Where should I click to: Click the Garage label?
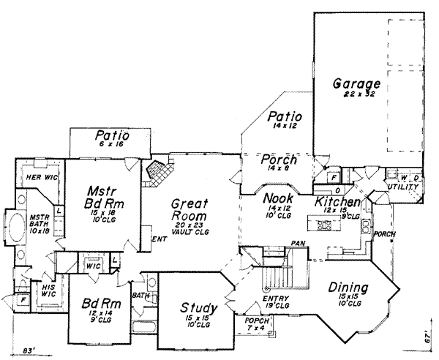[x=356, y=84]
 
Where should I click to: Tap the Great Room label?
[x=190, y=211]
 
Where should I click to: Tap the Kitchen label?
[x=337, y=202]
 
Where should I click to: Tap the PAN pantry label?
[x=297, y=242]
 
